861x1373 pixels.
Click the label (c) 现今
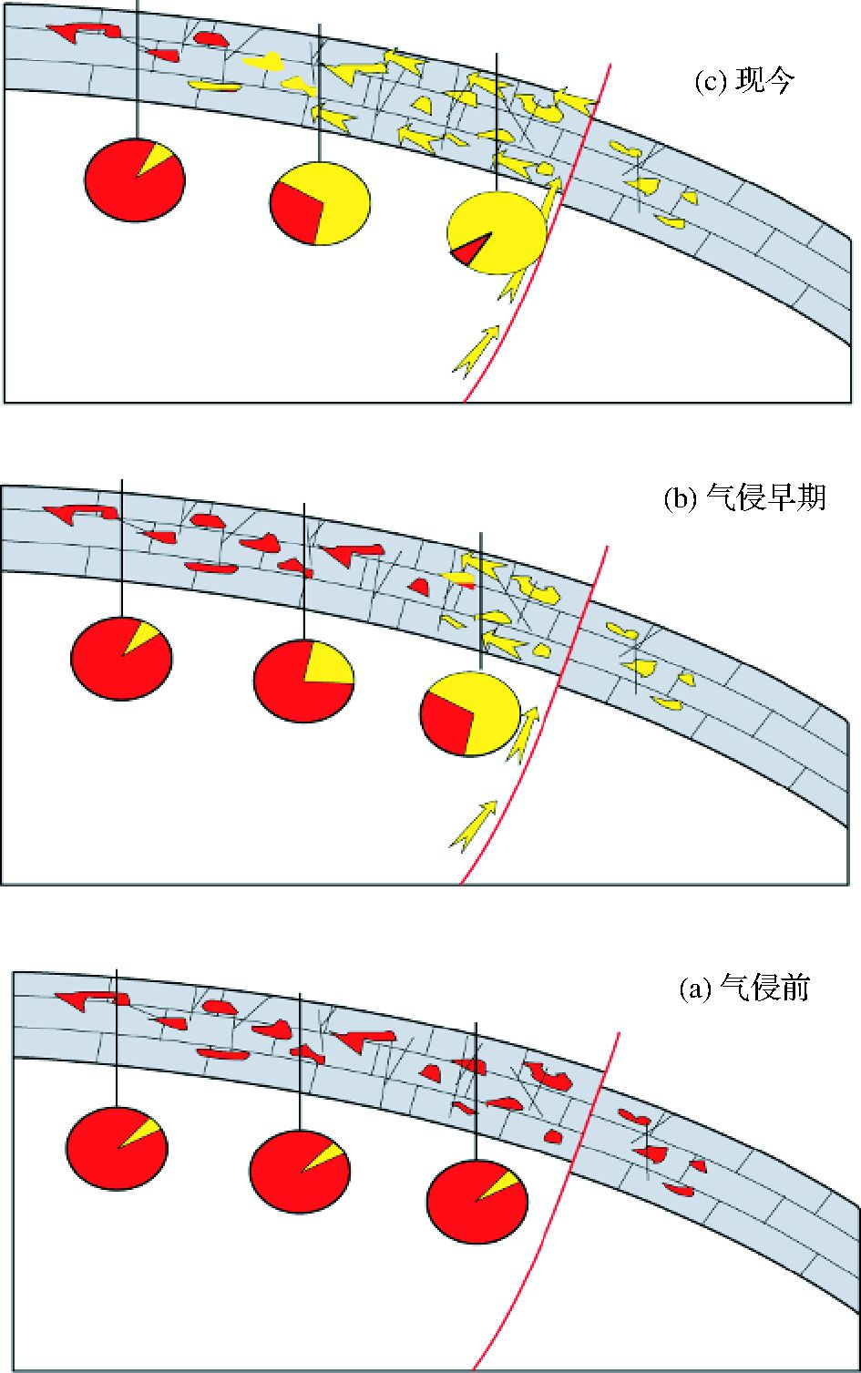point(744,82)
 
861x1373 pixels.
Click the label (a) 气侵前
point(743,989)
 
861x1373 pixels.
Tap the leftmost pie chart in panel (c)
point(135,180)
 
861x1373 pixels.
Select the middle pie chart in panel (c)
point(320,203)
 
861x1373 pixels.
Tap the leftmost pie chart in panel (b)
point(121,658)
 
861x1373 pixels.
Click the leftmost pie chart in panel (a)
point(117,1147)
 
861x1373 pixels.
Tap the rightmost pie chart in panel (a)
point(477,1202)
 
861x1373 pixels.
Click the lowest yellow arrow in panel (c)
point(476,351)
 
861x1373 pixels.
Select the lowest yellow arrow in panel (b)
point(474,826)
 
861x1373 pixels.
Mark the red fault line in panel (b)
point(538,729)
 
